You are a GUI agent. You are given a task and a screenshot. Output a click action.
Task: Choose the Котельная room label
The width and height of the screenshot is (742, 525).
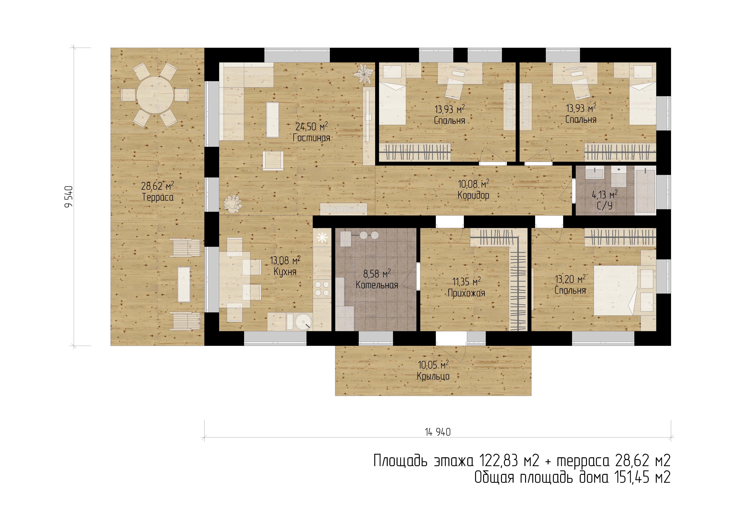377,285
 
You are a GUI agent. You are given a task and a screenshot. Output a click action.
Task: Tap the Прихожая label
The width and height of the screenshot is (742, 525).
466,293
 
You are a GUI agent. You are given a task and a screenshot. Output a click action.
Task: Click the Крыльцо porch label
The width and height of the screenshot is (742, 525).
433,376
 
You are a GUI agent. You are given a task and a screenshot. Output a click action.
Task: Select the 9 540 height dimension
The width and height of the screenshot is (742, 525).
69,197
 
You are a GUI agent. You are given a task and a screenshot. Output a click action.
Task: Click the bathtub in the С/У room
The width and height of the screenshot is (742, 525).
645,190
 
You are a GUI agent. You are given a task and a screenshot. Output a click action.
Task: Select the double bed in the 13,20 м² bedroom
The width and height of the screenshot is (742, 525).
616,290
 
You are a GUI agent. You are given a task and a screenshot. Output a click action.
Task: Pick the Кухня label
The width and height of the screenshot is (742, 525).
285,272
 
